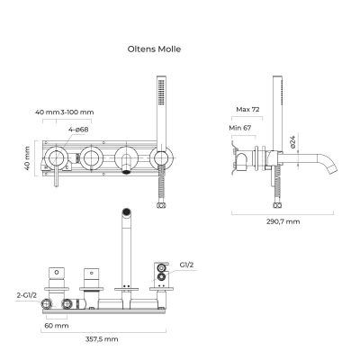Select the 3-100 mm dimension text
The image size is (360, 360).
[75, 112]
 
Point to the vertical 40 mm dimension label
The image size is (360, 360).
[27, 158]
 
